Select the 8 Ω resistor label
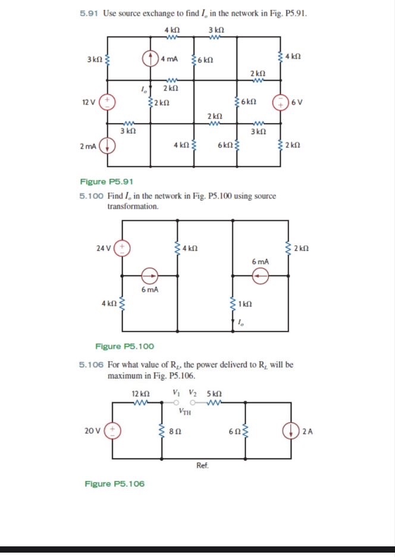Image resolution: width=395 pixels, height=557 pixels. click(x=175, y=430)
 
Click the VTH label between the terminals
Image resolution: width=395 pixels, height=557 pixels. click(x=185, y=412)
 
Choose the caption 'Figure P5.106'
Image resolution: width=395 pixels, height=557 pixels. click(x=114, y=484)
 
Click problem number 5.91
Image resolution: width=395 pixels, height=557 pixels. click(x=89, y=12)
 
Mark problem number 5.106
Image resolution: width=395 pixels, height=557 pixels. click(x=91, y=364)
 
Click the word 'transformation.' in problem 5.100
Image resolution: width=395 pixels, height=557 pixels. click(x=133, y=206)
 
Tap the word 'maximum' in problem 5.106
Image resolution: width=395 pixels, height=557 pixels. click(x=124, y=376)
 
